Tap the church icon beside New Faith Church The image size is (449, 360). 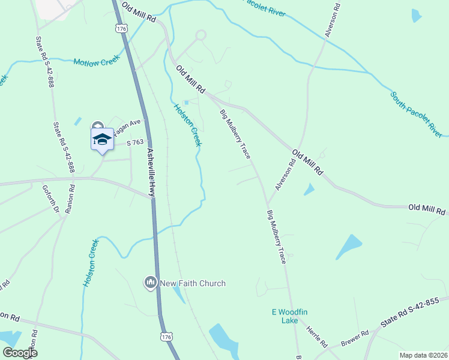(x=150, y=282)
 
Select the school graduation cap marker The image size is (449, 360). (x=102, y=140)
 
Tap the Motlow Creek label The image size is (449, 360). (x=96, y=61)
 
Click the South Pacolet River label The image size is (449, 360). (x=416, y=114)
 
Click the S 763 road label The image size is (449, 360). (x=136, y=142)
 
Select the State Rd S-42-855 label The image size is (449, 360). (x=414, y=314)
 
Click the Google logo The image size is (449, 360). (x=20, y=353)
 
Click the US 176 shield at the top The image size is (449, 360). (x=122, y=28)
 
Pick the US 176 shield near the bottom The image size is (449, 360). (x=166, y=338)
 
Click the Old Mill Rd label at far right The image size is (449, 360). (x=427, y=210)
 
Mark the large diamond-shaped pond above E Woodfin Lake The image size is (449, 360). (x=349, y=246)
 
